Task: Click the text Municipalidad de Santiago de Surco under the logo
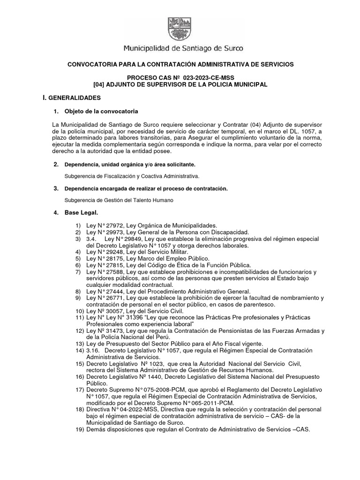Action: tap(183, 48)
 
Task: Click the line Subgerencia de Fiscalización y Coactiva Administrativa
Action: tap(132, 176)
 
